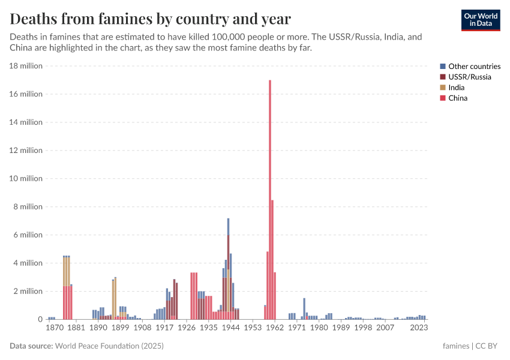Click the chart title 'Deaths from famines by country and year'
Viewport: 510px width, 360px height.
point(150,19)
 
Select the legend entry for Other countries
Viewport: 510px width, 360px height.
point(474,67)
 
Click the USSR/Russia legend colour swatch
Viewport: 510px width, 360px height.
point(443,77)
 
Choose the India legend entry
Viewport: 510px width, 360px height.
point(456,88)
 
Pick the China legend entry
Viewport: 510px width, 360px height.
point(457,98)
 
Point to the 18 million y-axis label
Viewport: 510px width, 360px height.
point(26,66)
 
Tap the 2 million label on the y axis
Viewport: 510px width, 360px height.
point(28,291)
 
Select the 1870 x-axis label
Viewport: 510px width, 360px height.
point(54,328)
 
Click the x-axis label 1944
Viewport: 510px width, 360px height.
point(230,328)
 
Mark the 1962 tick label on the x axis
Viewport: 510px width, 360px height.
point(275,328)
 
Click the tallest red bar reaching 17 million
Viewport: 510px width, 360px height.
point(270,198)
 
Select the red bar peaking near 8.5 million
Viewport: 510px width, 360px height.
point(272,258)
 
